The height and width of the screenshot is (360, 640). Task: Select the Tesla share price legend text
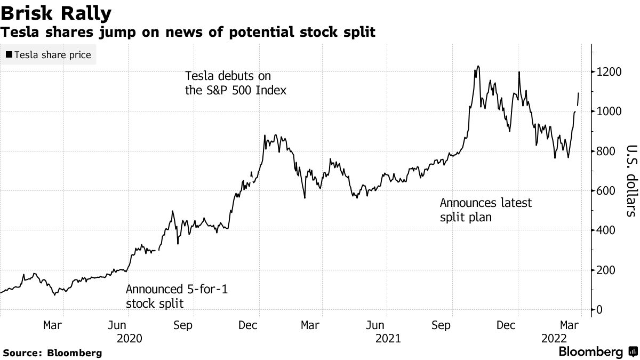pos(53,55)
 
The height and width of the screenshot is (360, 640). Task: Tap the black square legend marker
pos(9,55)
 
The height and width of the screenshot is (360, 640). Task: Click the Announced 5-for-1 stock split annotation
pos(180,297)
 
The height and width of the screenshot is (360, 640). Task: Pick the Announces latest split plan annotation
pos(485,210)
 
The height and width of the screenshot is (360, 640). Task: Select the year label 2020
pos(130,338)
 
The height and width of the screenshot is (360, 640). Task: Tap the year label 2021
pos(388,338)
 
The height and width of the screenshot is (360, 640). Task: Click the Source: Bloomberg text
pos(52,353)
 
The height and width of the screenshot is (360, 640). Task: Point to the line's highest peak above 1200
pos(478,66)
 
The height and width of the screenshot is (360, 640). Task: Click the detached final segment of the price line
pos(578,99)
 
